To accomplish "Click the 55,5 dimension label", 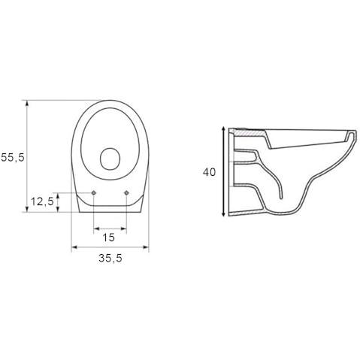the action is pyautogui.click(x=13, y=158).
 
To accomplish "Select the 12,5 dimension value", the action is pyautogui.click(x=42, y=201).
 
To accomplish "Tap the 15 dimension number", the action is pyautogui.click(x=109, y=237).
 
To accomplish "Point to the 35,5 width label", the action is pyautogui.click(x=110, y=258).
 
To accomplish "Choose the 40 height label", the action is pyautogui.click(x=209, y=172).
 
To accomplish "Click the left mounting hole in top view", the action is pyautogui.click(x=93, y=192).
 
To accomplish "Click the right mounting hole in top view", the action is pyautogui.click(x=126, y=192).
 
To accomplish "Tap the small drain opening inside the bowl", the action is pyautogui.click(x=110, y=159).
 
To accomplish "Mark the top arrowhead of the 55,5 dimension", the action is pyautogui.click(x=27, y=103).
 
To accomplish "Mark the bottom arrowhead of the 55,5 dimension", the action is pyautogui.click(x=27, y=209).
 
